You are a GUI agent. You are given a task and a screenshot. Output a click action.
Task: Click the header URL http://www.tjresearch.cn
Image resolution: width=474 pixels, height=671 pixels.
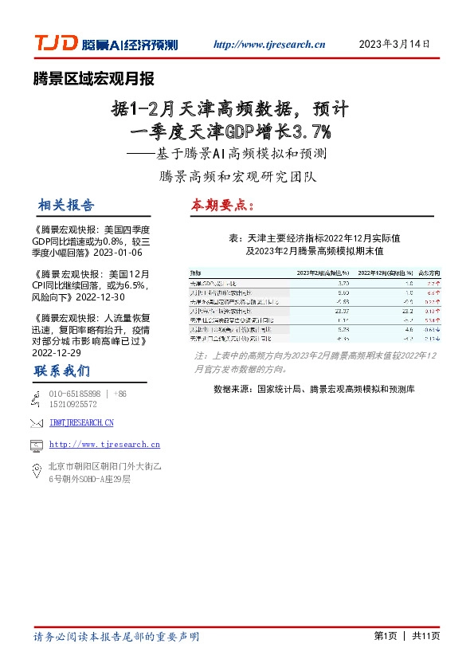point(270,45)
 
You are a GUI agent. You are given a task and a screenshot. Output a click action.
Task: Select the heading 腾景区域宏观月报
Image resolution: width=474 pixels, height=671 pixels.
point(93,78)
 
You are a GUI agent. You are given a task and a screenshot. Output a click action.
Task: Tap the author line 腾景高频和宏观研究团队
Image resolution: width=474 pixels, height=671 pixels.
point(237,175)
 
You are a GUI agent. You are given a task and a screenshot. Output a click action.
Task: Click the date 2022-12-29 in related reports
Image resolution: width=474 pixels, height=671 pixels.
point(58,351)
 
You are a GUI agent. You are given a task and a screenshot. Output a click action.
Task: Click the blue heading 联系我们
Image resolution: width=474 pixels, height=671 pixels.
point(62,372)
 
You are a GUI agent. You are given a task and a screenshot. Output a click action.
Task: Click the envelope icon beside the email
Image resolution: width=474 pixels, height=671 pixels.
point(35,422)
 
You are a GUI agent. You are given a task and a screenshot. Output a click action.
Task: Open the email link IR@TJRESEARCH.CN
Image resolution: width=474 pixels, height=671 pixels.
point(81,422)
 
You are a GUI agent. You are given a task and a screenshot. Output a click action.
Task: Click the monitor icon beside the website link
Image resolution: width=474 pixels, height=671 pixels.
point(35,445)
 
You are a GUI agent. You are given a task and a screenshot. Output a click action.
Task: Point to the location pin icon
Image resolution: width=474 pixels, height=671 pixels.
point(35,472)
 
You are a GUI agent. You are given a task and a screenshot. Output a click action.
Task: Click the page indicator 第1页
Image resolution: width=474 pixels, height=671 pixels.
point(385,636)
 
